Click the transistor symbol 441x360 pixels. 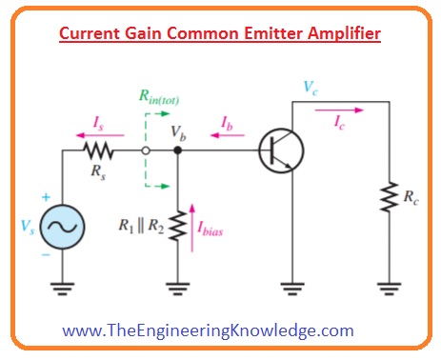pos(280,150)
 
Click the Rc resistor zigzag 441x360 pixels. pos(386,199)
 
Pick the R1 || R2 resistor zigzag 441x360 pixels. pos(176,226)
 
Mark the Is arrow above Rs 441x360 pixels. pos(93,134)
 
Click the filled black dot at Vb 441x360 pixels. pos(176,150)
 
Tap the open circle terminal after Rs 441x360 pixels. pos(145,150)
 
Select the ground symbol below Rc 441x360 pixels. pos(386,287)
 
